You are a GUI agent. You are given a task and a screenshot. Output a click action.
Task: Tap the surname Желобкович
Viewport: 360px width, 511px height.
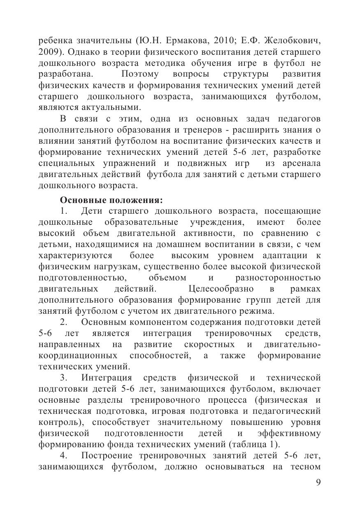click(x=293, y=42)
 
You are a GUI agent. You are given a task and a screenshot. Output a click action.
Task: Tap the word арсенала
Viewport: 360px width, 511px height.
click(x=301, y=163)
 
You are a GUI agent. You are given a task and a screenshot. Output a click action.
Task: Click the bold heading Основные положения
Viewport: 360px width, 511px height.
click(x=111, y=200)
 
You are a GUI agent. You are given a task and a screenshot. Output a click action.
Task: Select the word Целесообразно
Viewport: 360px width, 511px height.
click(x=221, y=289)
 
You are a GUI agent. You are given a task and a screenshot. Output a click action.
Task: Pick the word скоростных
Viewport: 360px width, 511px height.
click(x=210, y=344)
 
